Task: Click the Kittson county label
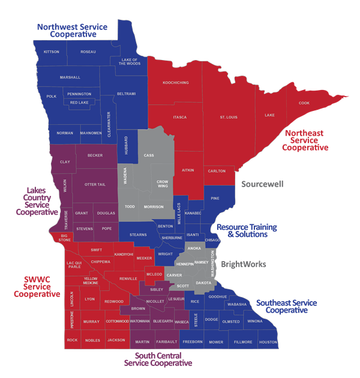pos(52,52)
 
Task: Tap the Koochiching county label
pos(176,82)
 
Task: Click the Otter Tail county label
pos(95,184)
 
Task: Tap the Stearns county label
pos(138,235)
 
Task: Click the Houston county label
pos(268,342)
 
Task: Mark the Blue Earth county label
pos(163,322)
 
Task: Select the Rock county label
pos(72,340)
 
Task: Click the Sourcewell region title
pos(262,184)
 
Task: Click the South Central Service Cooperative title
pos(158,359)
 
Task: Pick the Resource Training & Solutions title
pos(247,231)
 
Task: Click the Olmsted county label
pos(231,321)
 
